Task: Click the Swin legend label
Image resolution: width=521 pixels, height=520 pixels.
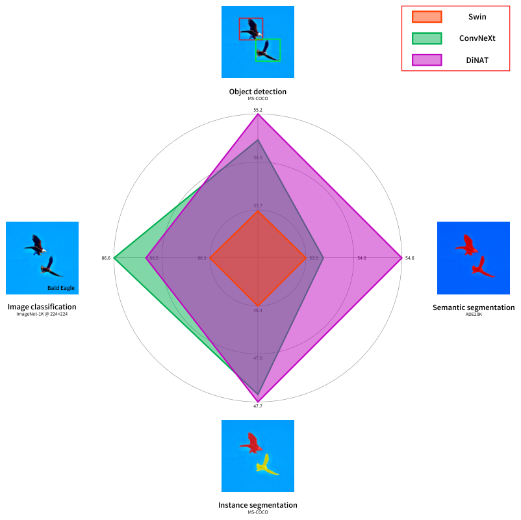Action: point(477,17)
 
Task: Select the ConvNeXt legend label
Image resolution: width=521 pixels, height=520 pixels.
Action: point(477,38)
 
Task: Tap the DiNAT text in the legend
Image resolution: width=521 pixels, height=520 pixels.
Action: point(477,60)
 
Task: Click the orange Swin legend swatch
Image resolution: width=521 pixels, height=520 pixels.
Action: point(427,17)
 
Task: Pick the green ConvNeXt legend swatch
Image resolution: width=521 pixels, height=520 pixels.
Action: point(427,38)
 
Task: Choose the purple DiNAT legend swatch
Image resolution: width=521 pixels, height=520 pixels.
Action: point(427,60)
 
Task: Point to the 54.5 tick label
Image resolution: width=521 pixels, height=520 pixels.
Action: point(258,157)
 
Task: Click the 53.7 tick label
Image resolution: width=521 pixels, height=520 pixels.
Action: point(258,206)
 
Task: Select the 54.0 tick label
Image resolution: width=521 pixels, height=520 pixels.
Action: point(361,258)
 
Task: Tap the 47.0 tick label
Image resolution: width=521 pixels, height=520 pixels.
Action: point(258,358)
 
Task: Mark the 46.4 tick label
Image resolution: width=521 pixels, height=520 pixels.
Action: point(258,310)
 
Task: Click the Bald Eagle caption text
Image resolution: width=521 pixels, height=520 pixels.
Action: point(61,288)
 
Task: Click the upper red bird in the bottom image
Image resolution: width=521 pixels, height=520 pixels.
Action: point(251,443)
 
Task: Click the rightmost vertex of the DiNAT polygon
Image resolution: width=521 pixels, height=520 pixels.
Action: point(403,258)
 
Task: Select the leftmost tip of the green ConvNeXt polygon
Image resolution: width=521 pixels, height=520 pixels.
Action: point(114,258)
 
